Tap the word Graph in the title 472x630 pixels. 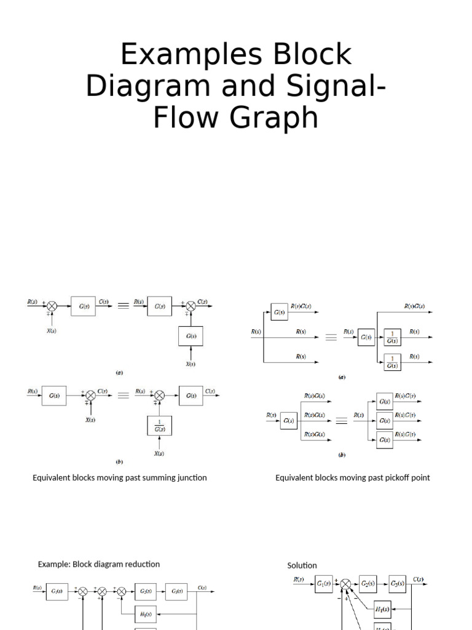[x=280, y=118]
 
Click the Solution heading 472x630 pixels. [x=302, y=565]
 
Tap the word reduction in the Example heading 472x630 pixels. [x=140, y=564]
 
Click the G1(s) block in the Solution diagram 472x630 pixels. [x=324, y=583]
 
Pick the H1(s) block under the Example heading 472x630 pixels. [x=146, y=613]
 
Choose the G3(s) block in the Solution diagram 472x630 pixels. [x=398, y=583]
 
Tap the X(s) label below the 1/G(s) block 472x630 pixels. [x=159, y=453]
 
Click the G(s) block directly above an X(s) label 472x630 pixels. [x=191, y=337]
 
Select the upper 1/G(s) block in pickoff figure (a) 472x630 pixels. [x=391, y=337]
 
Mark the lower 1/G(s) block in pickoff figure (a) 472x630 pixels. [x=391, y=362]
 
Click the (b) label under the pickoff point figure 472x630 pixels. [x=342, y=455]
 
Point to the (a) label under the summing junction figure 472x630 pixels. [x=120, y=372]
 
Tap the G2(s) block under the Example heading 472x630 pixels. [x=146, y=591]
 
